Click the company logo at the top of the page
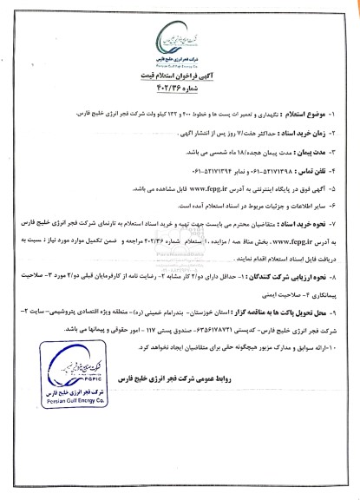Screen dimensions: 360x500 (x=179, y=36)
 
